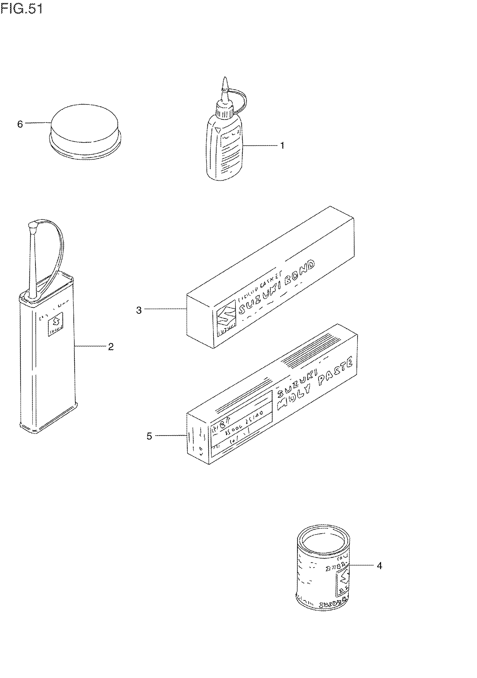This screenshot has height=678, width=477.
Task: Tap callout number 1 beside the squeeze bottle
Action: (282, 145)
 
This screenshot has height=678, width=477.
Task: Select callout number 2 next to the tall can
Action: (111, 346)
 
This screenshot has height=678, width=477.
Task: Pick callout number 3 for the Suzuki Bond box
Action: (139, 310)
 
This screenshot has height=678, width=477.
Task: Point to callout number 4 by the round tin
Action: (379, 565)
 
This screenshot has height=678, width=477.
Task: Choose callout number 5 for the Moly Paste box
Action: (149, 436)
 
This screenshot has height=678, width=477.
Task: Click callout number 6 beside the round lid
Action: (20, 124)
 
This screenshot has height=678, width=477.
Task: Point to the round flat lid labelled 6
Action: (85, 130)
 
